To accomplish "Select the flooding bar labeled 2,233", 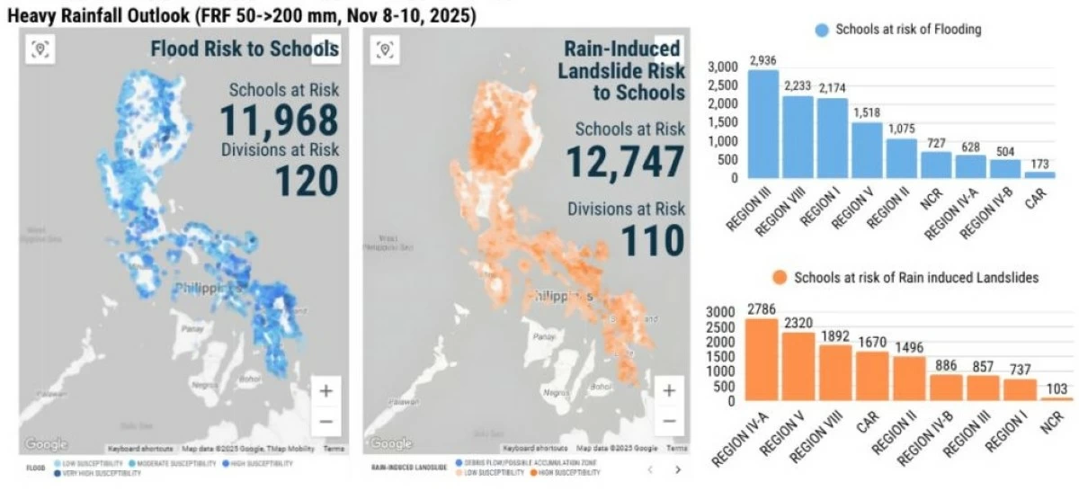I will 798,137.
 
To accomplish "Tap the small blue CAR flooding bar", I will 1040,174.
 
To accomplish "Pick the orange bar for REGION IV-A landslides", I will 762,359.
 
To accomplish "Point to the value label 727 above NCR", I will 936,143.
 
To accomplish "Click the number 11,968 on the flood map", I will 279,121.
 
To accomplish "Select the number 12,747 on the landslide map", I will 625,162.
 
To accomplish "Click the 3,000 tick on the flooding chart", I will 722,67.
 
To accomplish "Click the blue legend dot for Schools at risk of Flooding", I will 821,30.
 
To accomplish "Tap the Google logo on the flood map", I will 46,444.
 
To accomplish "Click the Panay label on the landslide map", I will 544,336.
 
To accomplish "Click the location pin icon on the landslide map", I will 384,49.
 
